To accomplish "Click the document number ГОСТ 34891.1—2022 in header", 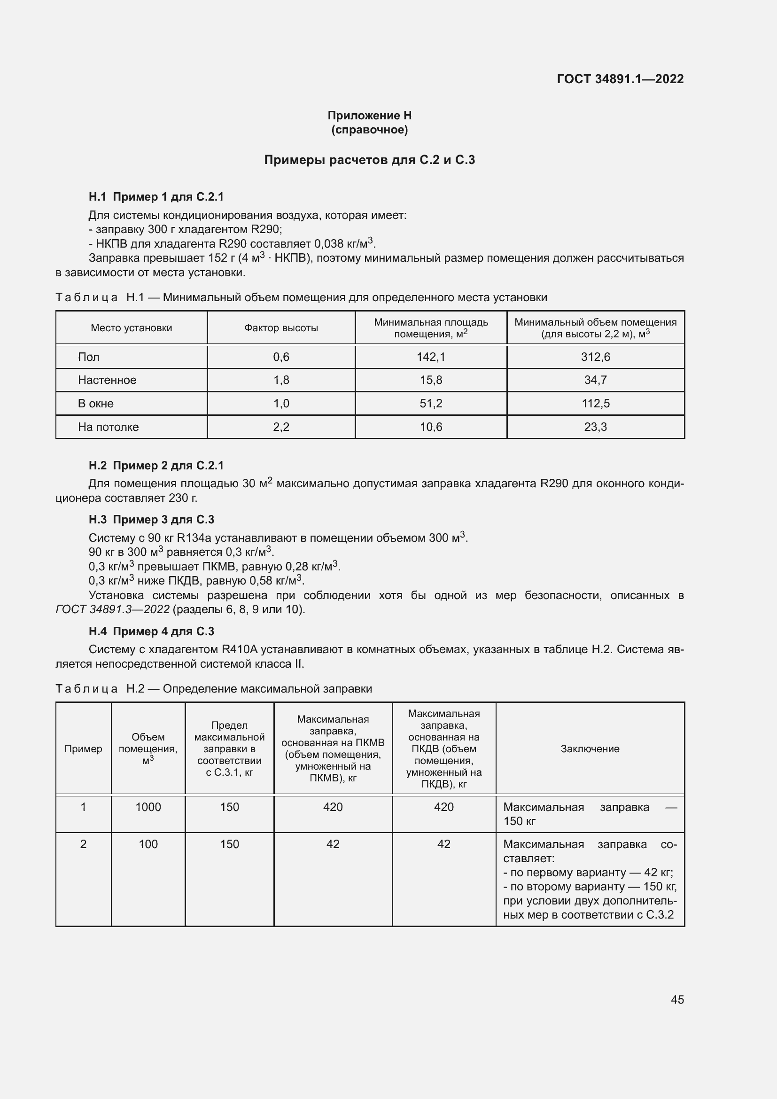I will tap(620, 79).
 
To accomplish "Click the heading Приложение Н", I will tap(369, 116).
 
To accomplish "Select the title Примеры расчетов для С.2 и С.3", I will tap(369, 160).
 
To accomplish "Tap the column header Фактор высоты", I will tap(281, 328).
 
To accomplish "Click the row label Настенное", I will tap(107, 380).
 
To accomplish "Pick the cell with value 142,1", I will tap(431, 357).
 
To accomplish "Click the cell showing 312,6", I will tap(595, 357).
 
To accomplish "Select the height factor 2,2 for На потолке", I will tap(281, 427).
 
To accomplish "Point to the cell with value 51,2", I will tap(431, 404).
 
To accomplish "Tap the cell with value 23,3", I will tap(595, 427).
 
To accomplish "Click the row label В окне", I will tap(96, 404).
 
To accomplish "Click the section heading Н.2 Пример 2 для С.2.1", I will tap(156, 465).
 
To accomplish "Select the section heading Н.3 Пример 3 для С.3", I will tap(151, 519).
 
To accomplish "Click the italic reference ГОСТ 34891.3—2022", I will tap(113, 609).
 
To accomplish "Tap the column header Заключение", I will tap(590, 748).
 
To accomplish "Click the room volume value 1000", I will tap(148, 807).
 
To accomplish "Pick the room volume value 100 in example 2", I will tap(148, 844).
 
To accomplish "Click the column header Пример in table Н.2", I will tap(83, 748).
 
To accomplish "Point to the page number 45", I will tap(677, 999).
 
